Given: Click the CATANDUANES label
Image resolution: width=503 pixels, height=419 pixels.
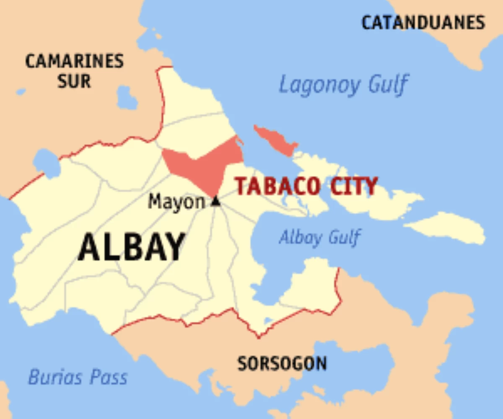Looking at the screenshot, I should pos(423,23).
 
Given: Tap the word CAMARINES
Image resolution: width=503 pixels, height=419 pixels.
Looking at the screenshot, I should pos(75,61).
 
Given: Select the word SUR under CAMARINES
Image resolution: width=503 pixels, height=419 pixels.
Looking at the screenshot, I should pos(75,80).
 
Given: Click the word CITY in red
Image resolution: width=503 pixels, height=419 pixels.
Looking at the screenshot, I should pos(354,186).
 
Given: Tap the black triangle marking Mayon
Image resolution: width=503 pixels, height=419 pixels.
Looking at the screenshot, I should pos(215,202).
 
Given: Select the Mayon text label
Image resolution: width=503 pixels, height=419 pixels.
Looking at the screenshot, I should pos(176,202).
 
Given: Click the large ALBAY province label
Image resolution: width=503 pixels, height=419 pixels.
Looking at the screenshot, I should pos(132,247).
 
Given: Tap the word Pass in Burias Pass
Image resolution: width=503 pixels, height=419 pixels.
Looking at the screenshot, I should pos(109,377).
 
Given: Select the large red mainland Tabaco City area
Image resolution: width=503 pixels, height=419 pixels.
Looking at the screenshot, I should pos(201,166).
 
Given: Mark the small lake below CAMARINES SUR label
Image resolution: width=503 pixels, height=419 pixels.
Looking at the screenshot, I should pos(127,99).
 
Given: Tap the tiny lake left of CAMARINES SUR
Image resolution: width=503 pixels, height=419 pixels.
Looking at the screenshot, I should pos(21,91).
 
